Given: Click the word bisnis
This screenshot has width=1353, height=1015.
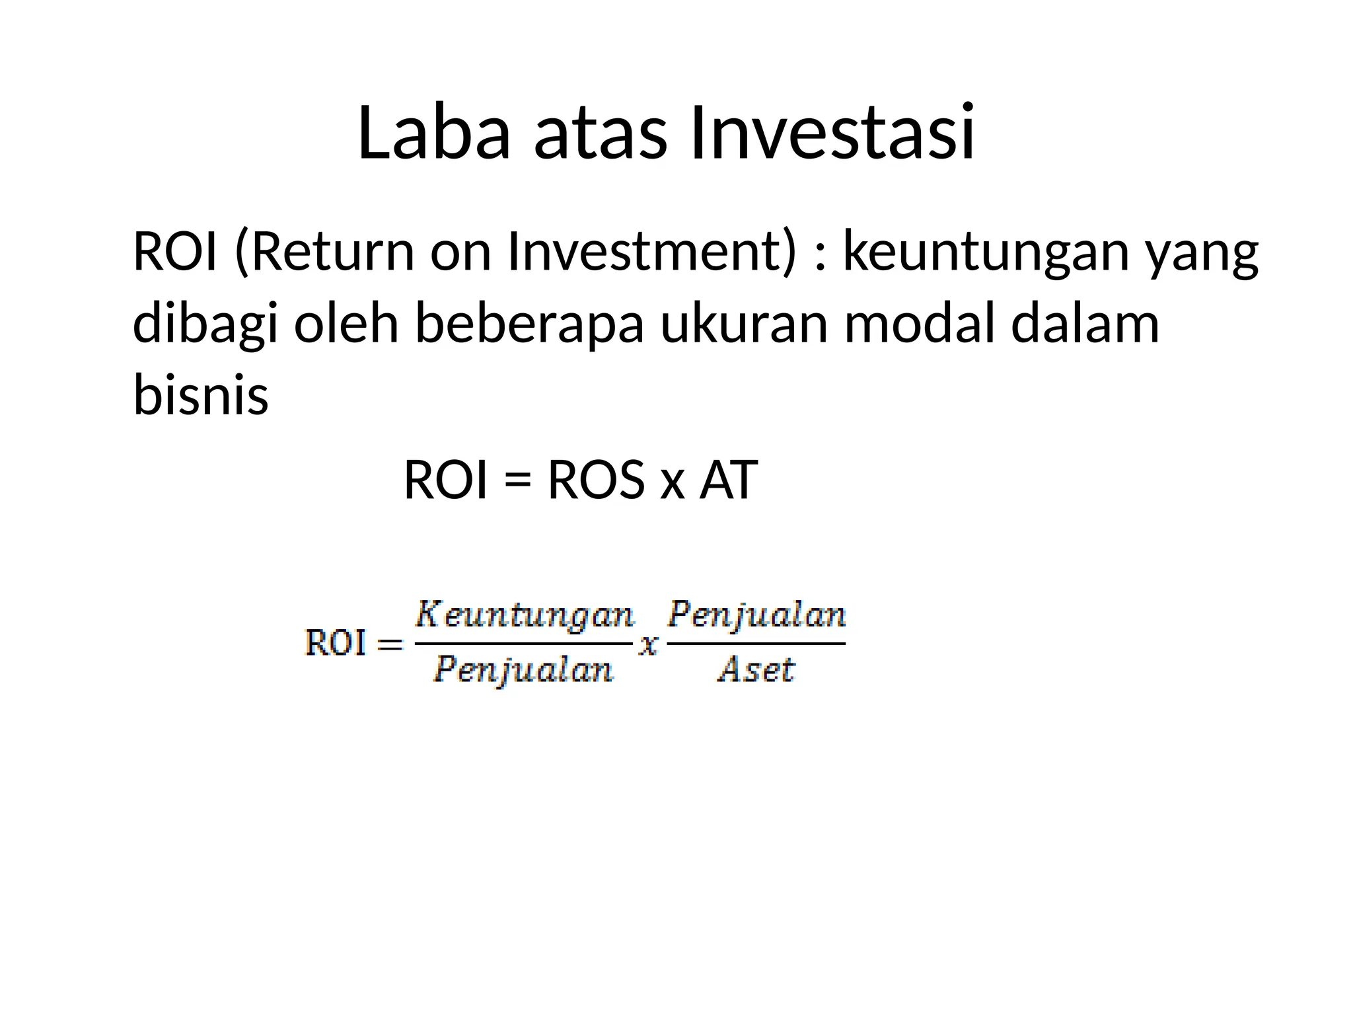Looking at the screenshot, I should click(201, 395).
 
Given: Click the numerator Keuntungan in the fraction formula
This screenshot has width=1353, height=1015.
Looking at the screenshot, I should click(524, 617).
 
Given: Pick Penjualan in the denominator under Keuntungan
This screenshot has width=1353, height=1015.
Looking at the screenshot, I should click(524, 670).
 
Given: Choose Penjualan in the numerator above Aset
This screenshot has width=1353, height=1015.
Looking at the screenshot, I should click(756, 616).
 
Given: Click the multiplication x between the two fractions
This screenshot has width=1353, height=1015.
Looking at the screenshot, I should click(649, 644).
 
